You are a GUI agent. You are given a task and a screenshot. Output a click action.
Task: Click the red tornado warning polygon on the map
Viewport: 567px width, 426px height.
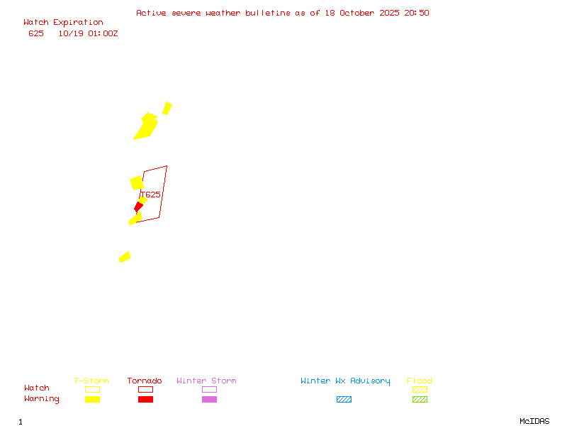pos(139,207)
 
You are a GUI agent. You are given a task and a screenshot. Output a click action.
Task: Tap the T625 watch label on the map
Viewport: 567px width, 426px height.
pos(152,194)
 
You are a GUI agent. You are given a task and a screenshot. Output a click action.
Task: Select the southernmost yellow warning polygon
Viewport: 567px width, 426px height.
pos(125,257)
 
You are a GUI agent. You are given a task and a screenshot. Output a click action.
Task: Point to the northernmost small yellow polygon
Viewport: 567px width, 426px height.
pos(167,108)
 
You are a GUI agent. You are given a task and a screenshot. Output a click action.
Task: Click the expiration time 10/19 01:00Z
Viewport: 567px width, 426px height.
pos(88,33)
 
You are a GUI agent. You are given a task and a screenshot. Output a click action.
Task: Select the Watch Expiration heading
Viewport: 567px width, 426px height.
pos(63,23)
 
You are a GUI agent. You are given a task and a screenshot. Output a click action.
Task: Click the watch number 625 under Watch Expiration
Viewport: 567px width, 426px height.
pos(35,33)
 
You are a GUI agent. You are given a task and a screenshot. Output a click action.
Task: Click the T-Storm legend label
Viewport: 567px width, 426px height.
pos(91,381)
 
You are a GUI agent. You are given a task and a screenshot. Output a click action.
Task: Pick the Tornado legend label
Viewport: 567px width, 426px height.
pos(145,381)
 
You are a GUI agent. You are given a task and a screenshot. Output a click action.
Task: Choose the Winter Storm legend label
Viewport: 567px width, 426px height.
pos(206,381)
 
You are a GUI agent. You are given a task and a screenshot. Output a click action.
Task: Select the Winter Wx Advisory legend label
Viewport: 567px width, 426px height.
pos(345,381)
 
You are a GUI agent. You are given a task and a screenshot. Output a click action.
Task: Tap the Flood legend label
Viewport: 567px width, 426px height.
pos(420,381)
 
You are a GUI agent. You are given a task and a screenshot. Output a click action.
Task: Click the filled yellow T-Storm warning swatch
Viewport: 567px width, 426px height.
pos(92,399)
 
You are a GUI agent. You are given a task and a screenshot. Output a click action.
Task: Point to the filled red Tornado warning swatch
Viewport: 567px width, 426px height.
pos(145,399)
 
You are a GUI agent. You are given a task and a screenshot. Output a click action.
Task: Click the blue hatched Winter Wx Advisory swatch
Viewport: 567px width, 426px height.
pos(344,399)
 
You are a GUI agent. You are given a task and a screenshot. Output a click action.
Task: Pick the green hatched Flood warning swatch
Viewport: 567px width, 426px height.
pos(420,399)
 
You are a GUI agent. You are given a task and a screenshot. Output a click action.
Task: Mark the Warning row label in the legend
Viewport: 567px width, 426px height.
pos(42,399)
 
